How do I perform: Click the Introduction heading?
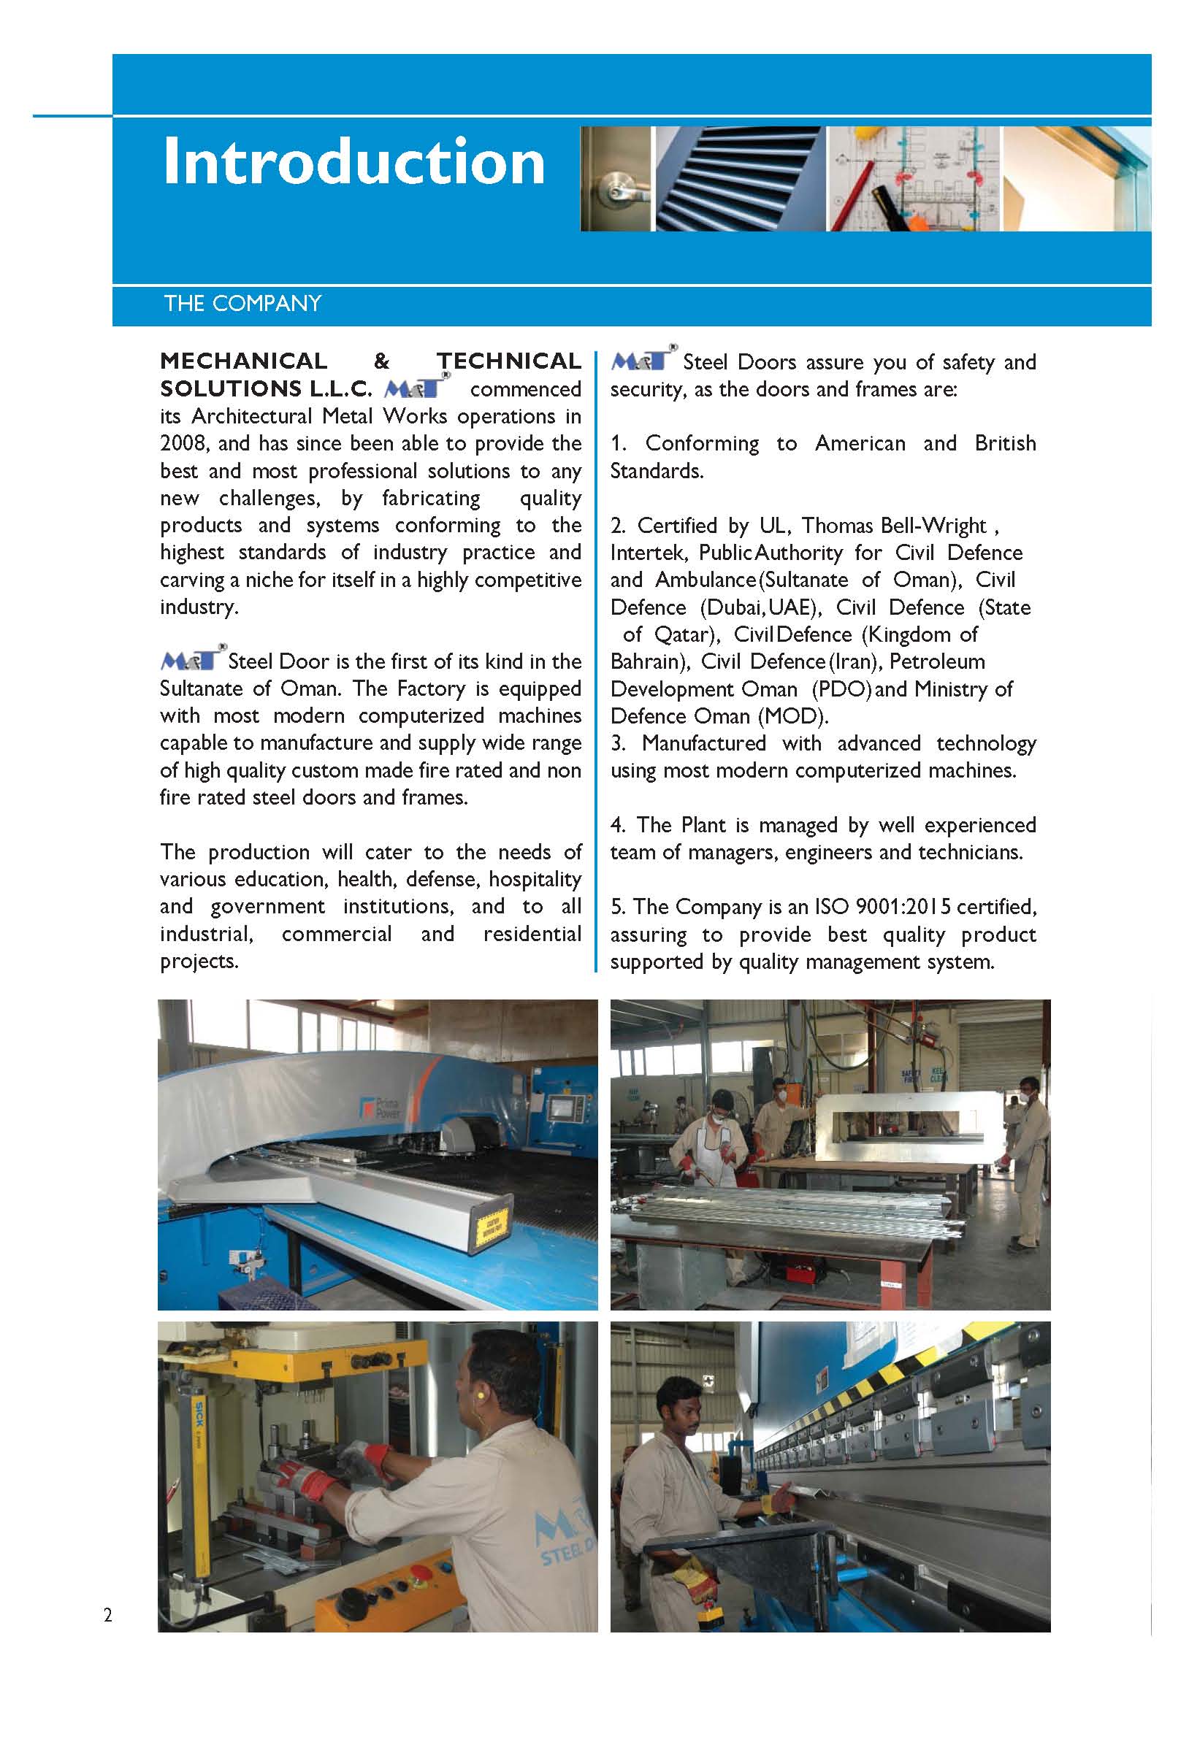pyautogui.click(x=353, y=162)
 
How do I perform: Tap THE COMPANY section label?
pyautogui.click(x=242, y=304)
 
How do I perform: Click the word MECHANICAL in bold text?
pyautogui.click(x=244, y=361)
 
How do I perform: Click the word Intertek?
pyautogui.click(x=648, y=553)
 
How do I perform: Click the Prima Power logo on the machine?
pyautogui.click(x=383, y=1107)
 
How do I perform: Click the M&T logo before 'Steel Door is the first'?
pyautogui.click(x=191, y=659)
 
